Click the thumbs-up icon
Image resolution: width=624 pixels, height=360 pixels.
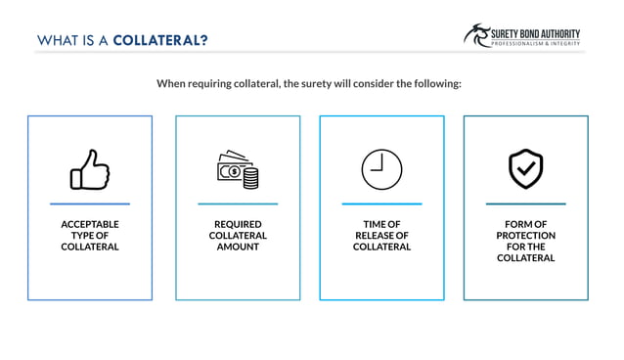pos(89,169)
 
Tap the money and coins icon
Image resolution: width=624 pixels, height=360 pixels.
pos(238,169)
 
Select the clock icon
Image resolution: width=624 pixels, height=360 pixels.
pos(381,169)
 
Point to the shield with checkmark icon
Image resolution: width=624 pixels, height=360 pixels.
pos(525,169)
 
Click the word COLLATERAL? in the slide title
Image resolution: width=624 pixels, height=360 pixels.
pos(160,40)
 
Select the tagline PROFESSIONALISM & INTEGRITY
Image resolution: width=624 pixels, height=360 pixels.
pos(537,44)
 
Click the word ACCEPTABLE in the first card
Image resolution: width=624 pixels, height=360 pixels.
pos(90,224)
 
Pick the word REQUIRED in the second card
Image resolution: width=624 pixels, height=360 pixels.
pos(238,224)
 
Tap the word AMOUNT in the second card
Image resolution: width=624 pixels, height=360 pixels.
pos(238,247)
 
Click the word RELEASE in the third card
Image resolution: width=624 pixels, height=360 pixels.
pos(377,236)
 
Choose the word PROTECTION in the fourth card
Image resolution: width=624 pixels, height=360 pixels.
pos(525,236)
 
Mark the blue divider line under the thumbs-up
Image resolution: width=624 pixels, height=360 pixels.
pos(90,203)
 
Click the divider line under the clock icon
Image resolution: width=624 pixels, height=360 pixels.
pos(381,203)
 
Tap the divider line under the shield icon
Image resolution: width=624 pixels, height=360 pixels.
pos(525,203)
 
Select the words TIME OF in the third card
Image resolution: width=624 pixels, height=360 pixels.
pos(381,224)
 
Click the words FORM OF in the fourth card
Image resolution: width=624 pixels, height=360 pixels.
pos(525,224)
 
